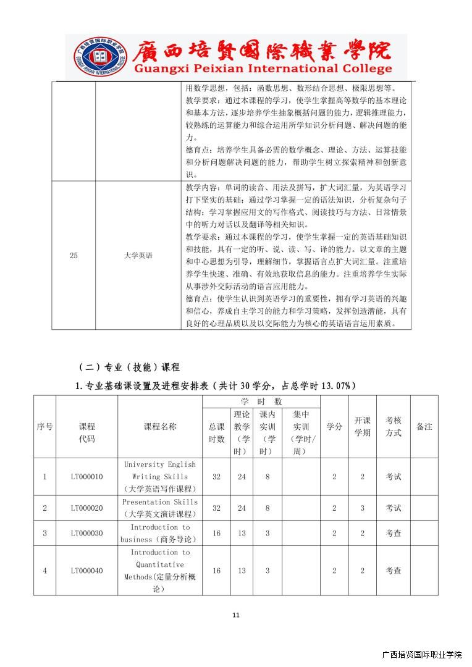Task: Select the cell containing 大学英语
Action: (x=138, y=255)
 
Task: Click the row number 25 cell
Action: (x=74, y=255)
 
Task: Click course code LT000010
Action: (x=86, y=476)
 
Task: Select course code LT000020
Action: (x=86, y=508)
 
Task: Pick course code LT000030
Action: (x=86, y=533)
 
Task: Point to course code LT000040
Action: (x=86, y=571)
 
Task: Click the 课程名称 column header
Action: (x=160, y=427)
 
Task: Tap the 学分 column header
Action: (x=334, y=427)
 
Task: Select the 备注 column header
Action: (x=424, y=427)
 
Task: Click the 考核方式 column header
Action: (x=394, y=427)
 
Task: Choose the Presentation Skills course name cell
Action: (x=160, y=508)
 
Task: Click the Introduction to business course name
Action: (x=160, y=533)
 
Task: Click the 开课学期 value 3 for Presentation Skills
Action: (x=363, y=508)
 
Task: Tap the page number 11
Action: (x=235, y=615)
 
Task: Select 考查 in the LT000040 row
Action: (x=394, y=571)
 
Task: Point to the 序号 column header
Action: (x=44, y=427)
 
